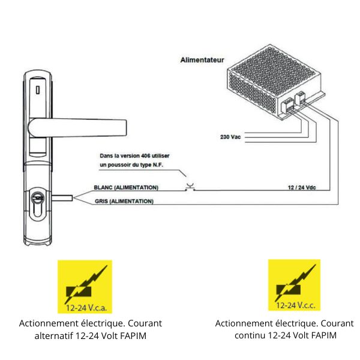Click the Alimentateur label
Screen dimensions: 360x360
click(x=202, y=60)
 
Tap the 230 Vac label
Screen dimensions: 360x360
click(x=230, y=137)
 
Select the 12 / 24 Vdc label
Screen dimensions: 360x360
click(x=302, y=188)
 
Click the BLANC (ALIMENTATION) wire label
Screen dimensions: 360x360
click(x=126, y=188)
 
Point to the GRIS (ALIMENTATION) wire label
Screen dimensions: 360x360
click(x=124, y=202)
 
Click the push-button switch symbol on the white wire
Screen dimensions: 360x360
click(x=190, y=187)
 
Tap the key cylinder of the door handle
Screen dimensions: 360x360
click(x=37, y=202)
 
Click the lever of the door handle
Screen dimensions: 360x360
click(x=77, y=128)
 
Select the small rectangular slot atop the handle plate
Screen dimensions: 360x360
click(x=38, y=90)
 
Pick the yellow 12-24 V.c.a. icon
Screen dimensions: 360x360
click(x=85, y=287)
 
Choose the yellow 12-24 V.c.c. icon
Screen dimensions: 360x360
click(x=294, y=285)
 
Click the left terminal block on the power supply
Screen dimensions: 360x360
click(x=288, y=106)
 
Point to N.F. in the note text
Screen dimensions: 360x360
click(x=158, y=165)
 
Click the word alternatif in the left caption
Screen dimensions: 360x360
click(x=53, y=335)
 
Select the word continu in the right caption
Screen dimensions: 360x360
click(x=250, y=335)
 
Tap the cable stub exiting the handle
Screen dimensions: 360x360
click(x=62, y=198)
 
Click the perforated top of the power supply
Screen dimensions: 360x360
click(x=274, y=71)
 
